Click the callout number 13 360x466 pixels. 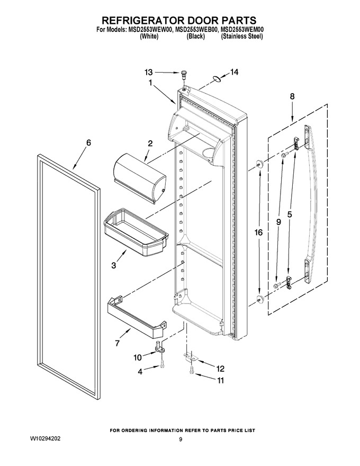click(149, 72)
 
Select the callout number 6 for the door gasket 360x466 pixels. click(88, 142)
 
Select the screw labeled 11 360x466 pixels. click(191, 370)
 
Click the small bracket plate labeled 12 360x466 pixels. click(189, 356)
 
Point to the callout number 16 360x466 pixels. click(259, 232)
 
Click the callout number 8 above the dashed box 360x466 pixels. click(292, 96)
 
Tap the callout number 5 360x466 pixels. click(290, 214)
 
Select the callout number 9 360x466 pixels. click(278, 222)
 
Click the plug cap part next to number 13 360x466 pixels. click(184, 74)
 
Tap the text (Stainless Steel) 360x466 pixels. click(242, 36)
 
